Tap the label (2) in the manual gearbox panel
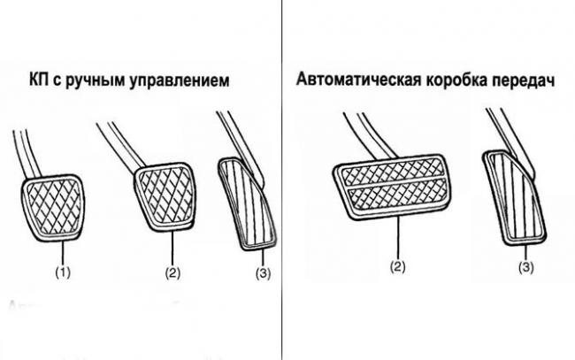[x=172, y=273]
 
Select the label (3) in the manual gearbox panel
[x=262, y=273]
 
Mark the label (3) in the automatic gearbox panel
[x=525, y=266]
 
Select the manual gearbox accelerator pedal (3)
[x=249, y=203]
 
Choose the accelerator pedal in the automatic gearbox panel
[x=513, y=195]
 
